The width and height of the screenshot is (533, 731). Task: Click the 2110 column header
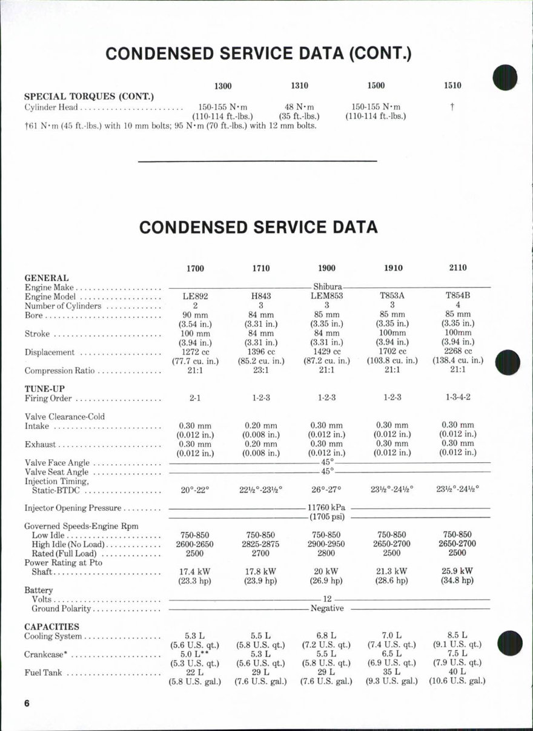click(458, 268)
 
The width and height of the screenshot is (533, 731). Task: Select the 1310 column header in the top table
click(299, 86)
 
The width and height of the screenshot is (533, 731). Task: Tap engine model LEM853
click(326, 297)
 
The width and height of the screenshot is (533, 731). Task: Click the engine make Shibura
click(328, 286)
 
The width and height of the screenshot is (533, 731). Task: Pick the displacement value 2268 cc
click(458, 351)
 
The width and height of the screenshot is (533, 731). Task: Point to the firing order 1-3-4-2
click(458, 398)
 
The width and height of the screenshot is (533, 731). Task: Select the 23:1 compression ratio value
click(260, 371)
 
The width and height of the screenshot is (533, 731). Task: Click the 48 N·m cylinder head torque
click(299, 107)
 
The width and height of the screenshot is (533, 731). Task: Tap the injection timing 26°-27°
click(326, 489)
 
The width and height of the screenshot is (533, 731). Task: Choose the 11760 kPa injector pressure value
click(326, 508)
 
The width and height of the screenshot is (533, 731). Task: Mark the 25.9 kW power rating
click(458, 571)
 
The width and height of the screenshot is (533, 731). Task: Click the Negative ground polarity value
click(326, 608)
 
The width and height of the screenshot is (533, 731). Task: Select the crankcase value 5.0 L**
click(195, 654)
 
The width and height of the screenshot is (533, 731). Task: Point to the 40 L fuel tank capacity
click(458, 672)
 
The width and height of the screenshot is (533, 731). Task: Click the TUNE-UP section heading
click(44, 388)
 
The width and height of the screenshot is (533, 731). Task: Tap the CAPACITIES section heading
click(51, 626)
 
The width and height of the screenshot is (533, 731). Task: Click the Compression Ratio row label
click(59, 371)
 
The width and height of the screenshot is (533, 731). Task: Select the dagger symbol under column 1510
click(452, 107)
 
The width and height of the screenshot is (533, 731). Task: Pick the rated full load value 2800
click(326, 553)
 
